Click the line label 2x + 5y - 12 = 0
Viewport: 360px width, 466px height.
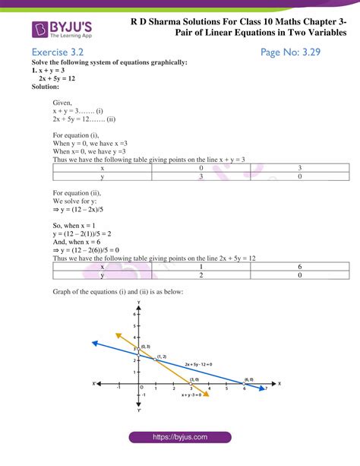199,364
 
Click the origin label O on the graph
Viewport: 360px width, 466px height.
141,387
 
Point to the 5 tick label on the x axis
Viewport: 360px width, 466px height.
226,388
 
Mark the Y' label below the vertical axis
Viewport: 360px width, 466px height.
138,411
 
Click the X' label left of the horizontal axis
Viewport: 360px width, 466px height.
93,383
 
